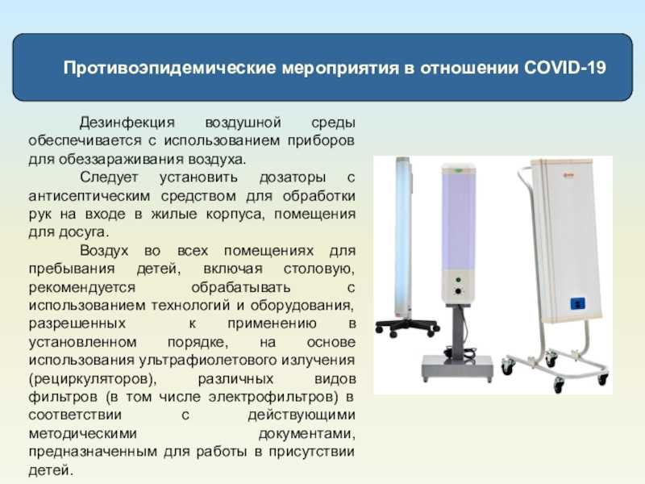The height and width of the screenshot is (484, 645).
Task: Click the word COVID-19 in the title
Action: [565, 68]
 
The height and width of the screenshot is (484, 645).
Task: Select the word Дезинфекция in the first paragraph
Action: [127, 123]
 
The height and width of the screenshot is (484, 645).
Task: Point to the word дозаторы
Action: [293, 177]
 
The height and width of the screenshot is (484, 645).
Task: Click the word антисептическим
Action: [89, 196]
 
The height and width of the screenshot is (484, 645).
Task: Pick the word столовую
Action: [319, 269]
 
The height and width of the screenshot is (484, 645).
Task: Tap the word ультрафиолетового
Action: [209, 360]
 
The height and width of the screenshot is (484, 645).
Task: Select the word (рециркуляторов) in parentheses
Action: [93, 378]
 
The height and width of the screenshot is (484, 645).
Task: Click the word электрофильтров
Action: [273, 397]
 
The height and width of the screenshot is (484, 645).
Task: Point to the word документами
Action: [307, 434]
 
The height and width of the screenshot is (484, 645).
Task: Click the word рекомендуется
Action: [82, 287]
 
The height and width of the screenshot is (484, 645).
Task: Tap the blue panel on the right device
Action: [578, 304]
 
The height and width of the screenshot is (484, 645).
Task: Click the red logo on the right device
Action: [568, 176]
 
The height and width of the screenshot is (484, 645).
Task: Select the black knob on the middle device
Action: [458, 291]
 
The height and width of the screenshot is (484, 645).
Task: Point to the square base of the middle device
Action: [457, 367]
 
